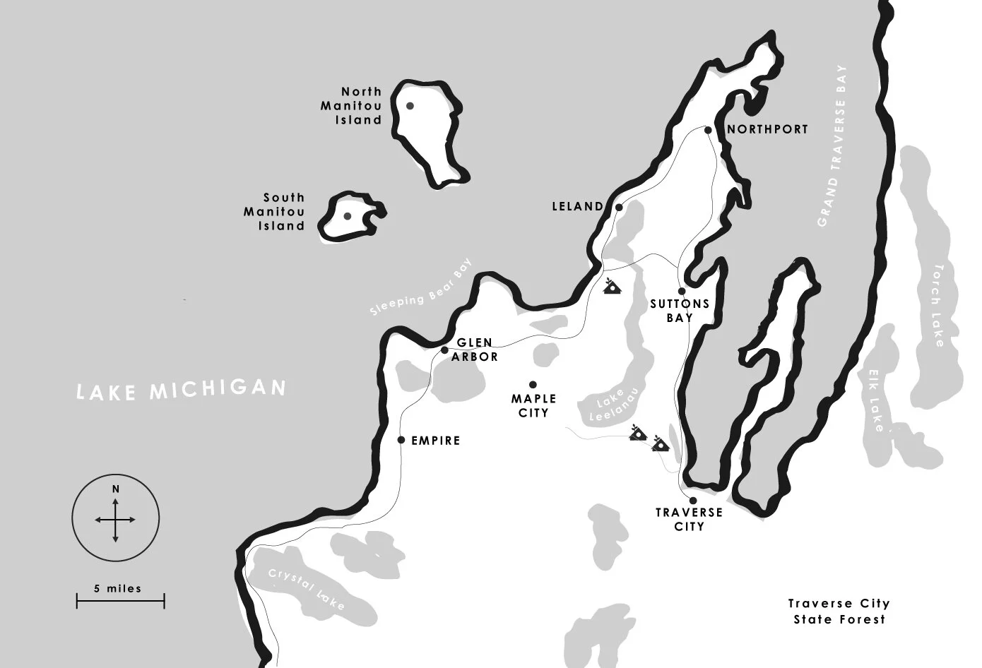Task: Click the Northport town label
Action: tap(767, 129)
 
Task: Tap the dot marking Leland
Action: tap(619, 208)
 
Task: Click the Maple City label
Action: tap(533, 406)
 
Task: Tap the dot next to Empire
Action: tap(401, 440)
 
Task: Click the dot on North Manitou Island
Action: tap(410, 106)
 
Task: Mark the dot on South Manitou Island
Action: tap(348, 216)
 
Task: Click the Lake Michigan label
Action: tap(182, 390)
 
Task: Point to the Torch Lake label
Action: tap(937, 306)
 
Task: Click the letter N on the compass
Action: tap(115, 489)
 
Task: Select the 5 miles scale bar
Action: tap(120, 601)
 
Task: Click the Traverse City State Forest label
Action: tap(839, 612)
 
